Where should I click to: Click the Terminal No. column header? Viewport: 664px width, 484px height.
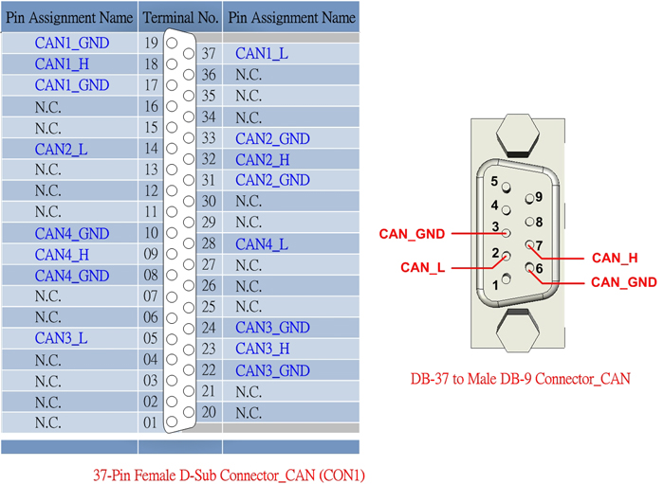(180, 17)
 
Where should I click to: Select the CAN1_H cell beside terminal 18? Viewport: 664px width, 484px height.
(63, 64)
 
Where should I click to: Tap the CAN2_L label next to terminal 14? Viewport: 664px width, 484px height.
(62, 150)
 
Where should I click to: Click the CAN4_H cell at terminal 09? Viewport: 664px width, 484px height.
(63, 255)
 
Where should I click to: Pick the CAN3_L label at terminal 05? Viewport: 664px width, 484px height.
(62, 338)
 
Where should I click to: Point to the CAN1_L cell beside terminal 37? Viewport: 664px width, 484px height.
(262, 54)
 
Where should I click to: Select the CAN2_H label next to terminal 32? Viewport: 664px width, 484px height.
(263, 160)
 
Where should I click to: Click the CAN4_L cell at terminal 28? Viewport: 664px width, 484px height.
(262, 244)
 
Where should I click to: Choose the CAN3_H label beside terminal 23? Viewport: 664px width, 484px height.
(263, 349)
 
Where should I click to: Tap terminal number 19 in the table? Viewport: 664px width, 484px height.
(151, 44)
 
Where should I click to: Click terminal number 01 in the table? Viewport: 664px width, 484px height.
(150, 422)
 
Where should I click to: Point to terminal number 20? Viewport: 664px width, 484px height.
(210, 412)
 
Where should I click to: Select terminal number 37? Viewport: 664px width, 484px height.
(209, 54)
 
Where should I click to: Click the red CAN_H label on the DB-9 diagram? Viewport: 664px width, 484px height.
(615, 258)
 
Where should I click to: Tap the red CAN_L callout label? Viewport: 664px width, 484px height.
(422, 268)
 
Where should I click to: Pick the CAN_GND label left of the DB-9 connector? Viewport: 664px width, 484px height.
(412, 234)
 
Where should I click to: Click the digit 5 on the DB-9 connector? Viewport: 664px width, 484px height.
(494, 181)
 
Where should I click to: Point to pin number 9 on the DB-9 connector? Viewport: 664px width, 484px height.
(538, 197)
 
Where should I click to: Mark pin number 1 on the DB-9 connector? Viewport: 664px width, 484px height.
(494, 284)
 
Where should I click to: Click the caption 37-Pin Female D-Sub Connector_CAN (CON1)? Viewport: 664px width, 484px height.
(229, 475)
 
